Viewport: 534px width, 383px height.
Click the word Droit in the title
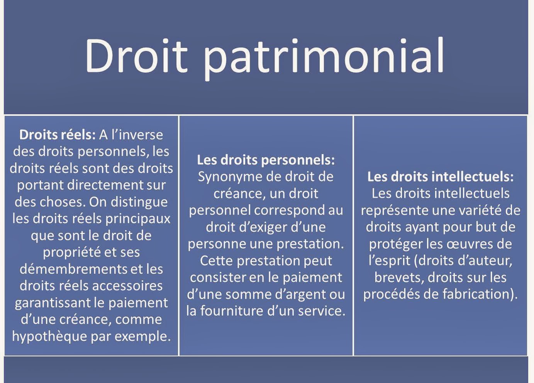(x=133, y=55)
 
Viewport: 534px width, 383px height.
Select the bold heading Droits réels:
(x=57, y=135)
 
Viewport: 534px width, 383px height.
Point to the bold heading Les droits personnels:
(x=266, y=160)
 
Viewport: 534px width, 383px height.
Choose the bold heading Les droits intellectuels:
(x=441, y=176)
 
